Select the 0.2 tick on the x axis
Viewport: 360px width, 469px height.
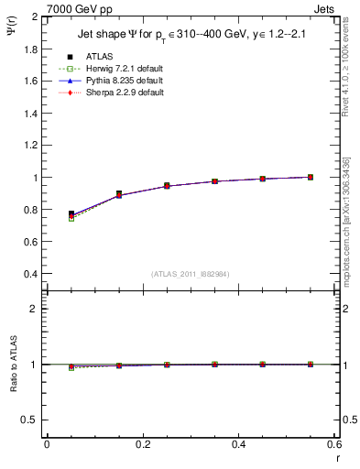(x=142, y=444)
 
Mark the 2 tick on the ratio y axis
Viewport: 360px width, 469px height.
(x=31, y=309)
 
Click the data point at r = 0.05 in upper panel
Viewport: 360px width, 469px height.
(x=71, y=213)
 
